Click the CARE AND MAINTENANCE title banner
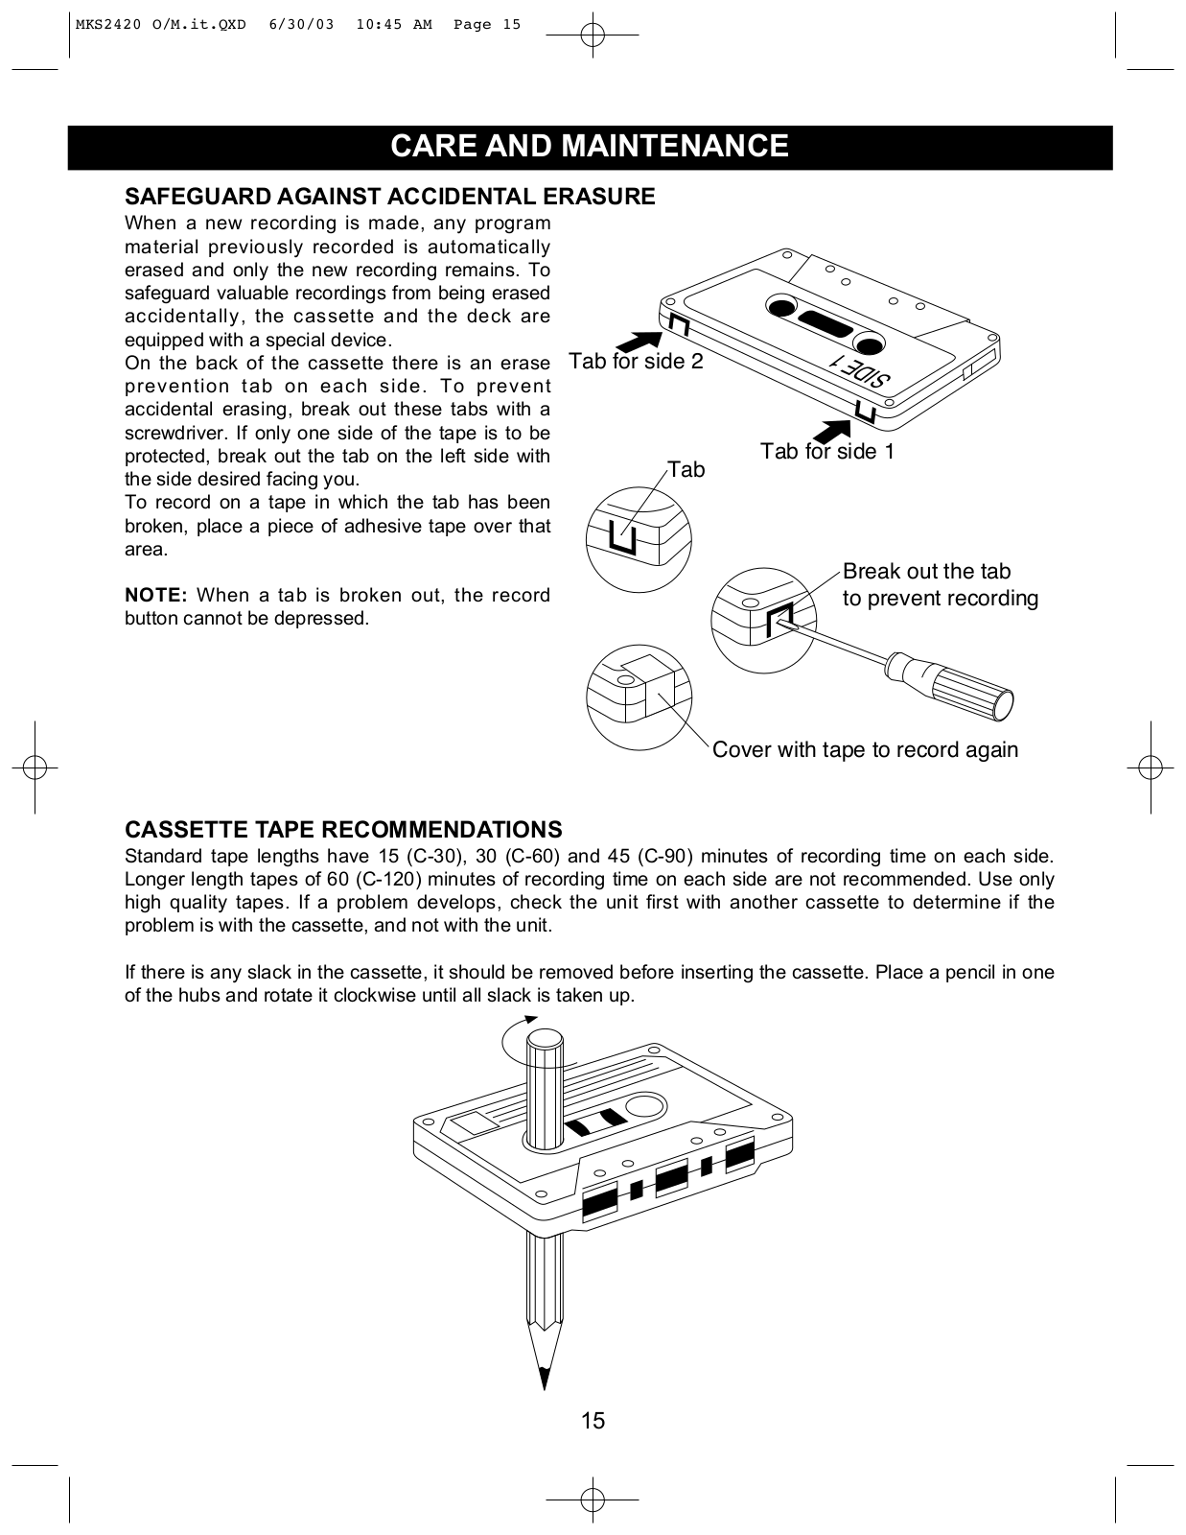pyautogui.click(x=590, y=146)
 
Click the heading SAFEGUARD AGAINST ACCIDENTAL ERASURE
pyautogui.click(x=390, y=197)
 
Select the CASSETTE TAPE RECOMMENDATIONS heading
pyautogui.click(x=343, y=829)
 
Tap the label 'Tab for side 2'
pyautogui.click(x=636, y=361)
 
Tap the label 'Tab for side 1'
pyautogui.click(x=826, y=451)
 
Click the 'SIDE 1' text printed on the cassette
pyautogui.click(x=860, y=374)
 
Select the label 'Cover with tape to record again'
pyautogui.click(x=865, y=749)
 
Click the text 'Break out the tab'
pyautogui.click(x=926, y=572)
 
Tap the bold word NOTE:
pyautogui.click(x=155, y=595)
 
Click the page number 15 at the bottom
pyautogui.click(x=593, y=1421)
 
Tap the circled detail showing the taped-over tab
pyautogui.click(x=638, y=698)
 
